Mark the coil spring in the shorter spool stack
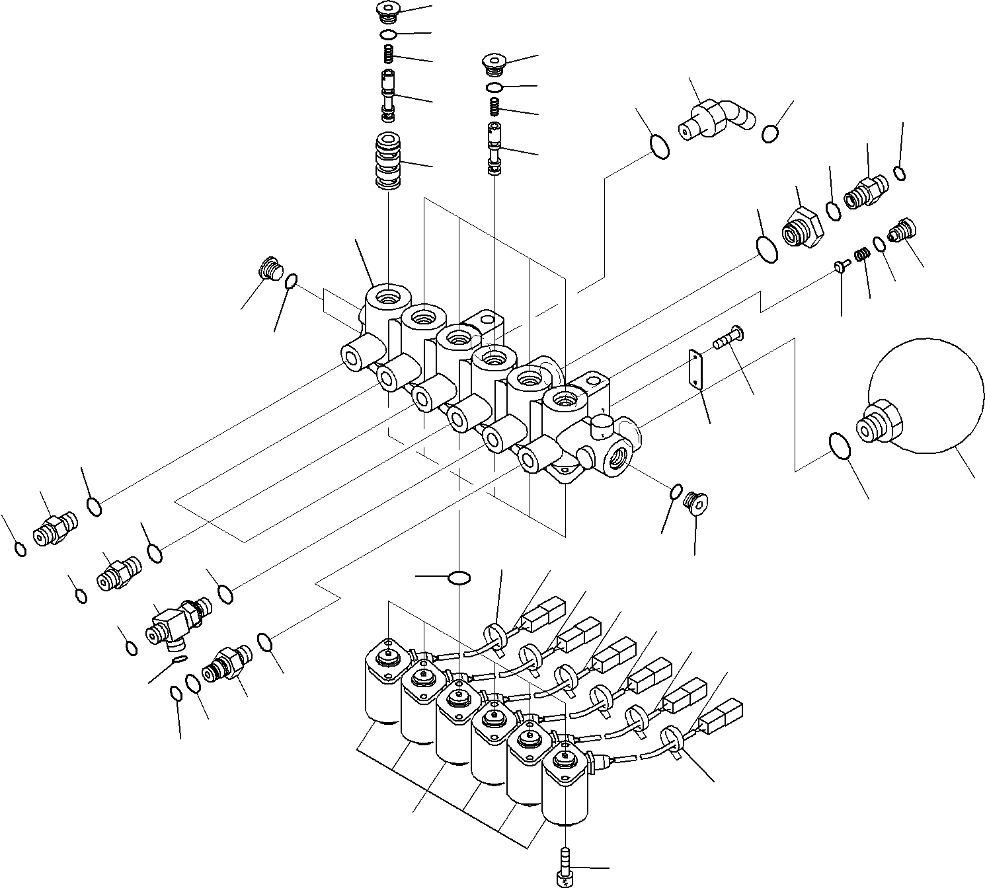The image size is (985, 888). coord(494,106)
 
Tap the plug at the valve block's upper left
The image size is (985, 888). coord(269,268)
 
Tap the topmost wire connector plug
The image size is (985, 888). coord(544,614)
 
